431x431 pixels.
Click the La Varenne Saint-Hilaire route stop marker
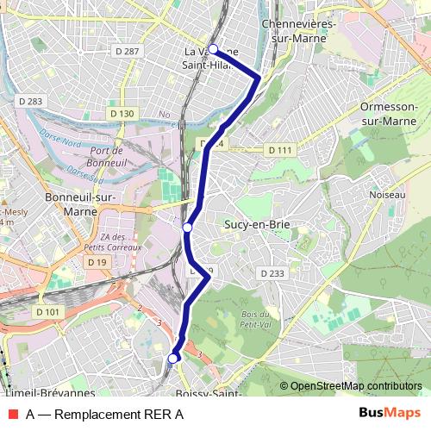[213, 49]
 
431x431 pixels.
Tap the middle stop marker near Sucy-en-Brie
[187, 228]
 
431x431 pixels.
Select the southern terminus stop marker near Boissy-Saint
[173, 358]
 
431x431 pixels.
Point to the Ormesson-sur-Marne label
[388, 114]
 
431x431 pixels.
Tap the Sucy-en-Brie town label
[256, 225]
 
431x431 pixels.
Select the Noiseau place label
[385, 196]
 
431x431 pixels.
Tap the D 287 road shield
[126, 52]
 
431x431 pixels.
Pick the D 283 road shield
[28, 102]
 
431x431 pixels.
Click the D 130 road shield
[122, 113]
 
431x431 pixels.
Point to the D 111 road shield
[280, 150]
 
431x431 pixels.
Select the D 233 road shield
[272, 273]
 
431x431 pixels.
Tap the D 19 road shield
[96, 262]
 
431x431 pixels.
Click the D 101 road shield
[48, 311]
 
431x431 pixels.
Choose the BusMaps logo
[389, 414]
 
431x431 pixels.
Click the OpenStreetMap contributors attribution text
[355, 385]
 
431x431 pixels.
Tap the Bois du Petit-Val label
[257, 319]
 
